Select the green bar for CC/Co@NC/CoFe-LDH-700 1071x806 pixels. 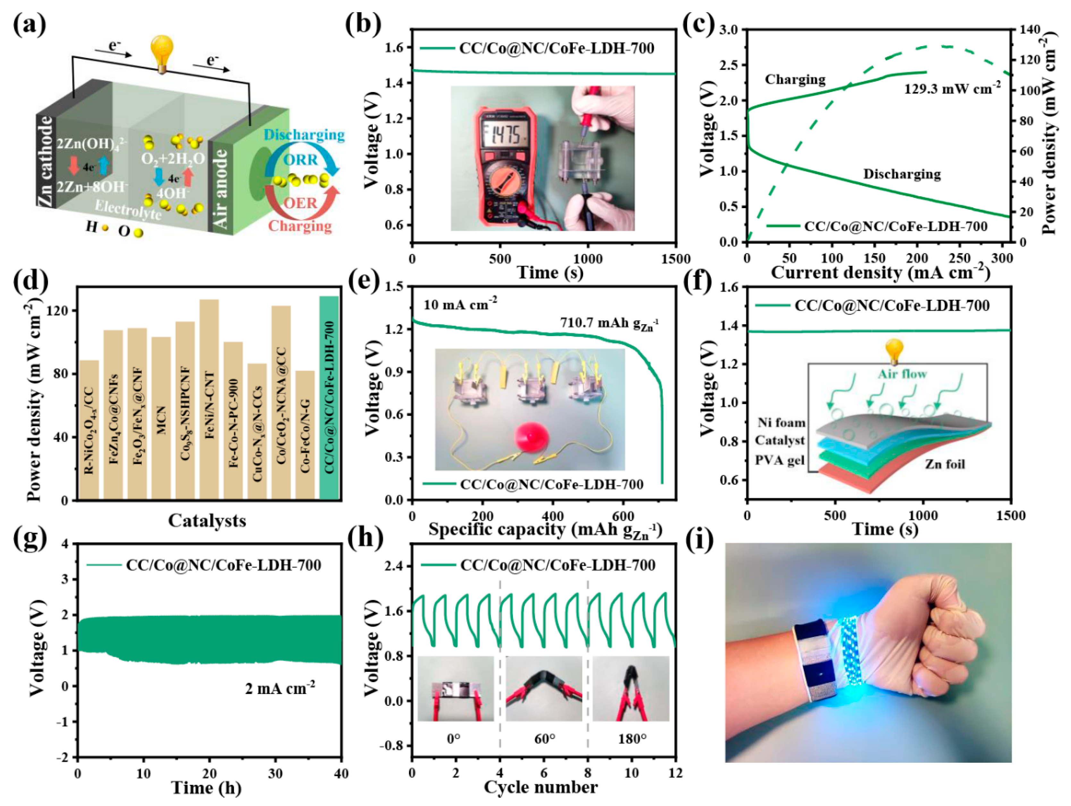point(329,397)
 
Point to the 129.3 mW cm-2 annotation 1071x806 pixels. point(952,88)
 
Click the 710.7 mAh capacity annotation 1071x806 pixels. point(609,323)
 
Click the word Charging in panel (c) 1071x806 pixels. point(795,79)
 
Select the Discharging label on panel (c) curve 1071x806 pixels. point(902,174)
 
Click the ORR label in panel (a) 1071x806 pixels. point(301,159)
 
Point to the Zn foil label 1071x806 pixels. point(945,464)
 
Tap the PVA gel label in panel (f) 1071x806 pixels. point(779,460)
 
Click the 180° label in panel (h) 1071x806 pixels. point(632,739)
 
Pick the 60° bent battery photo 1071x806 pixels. point(544,688)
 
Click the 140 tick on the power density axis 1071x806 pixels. point(1028,30)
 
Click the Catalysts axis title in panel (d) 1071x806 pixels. point(207,521)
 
